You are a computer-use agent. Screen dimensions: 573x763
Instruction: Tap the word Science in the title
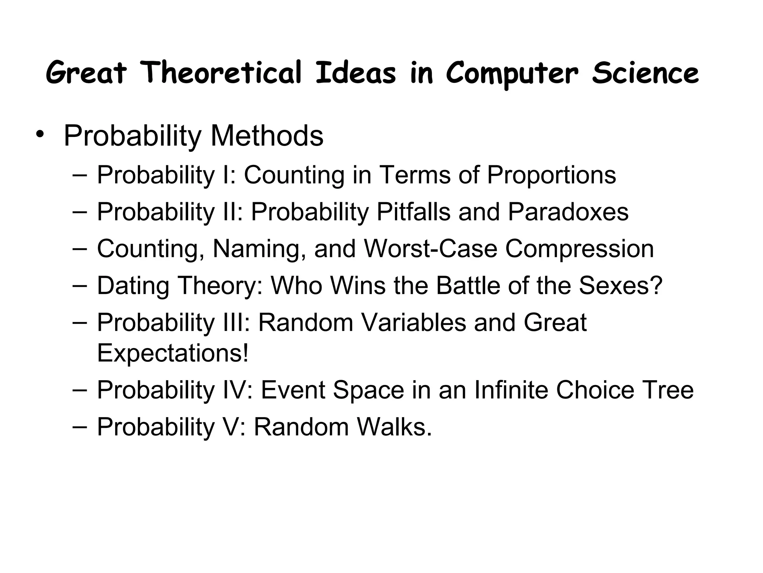tap(645, 73)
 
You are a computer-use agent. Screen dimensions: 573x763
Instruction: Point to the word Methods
tap(267, 136)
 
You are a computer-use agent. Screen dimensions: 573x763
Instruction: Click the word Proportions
tap(551, 175)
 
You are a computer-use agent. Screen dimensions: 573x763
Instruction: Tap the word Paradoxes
tap(568, 212)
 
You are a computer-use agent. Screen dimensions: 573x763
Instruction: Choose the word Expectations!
tap(172, 353)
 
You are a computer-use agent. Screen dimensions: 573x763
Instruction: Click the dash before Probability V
tap(79, 426)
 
